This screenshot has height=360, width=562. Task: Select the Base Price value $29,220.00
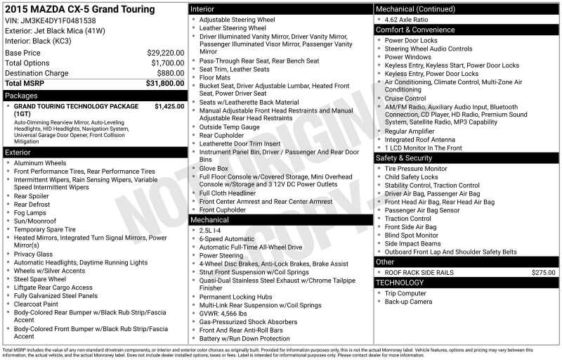(x=166, y=53)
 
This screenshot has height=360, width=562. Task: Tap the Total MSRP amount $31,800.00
(x=165, y=83)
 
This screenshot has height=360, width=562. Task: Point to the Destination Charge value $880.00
(x=171, y=73)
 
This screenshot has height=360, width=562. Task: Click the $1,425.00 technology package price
(x=169, y=107)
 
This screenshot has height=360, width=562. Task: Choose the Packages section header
(x=21, y=96)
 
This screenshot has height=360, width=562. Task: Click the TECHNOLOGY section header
(x=400, y=283)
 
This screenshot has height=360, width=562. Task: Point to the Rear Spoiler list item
(x=32, y=196)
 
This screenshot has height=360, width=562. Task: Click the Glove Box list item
(x=214, y=169)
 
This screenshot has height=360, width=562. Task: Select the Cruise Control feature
(x=405, y=98)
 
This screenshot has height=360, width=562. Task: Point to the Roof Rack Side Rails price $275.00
(x=543, y=272)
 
